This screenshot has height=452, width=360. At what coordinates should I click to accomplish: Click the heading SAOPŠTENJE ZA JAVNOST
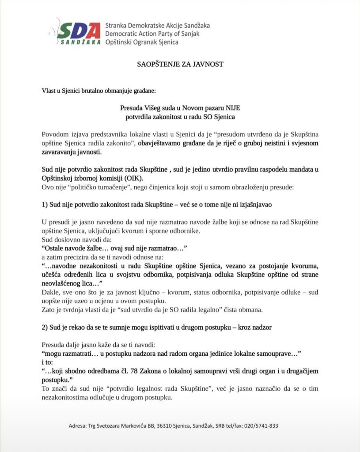pos(180,64)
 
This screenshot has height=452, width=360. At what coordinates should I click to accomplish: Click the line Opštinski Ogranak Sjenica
pos(142,42)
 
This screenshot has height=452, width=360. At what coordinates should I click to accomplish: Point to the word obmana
pos(252,309)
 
